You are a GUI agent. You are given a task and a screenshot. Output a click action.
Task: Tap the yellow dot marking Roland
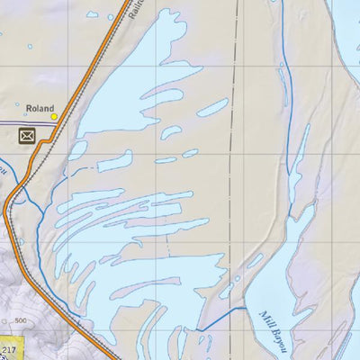(54, 116)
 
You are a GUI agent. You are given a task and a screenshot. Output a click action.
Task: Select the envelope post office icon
(28, 136)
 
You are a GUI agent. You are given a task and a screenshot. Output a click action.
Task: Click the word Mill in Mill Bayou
(265, 317)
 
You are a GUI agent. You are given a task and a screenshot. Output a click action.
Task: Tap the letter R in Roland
(29, 105)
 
